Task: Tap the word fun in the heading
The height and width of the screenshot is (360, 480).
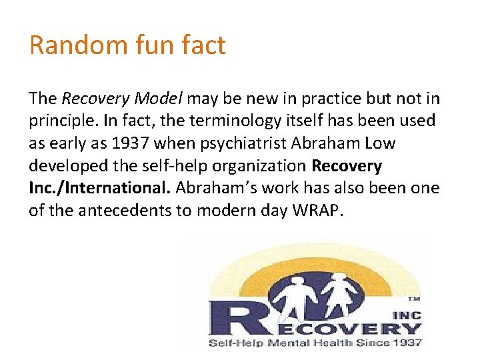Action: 145,45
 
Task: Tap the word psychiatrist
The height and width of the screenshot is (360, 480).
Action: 224,143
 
